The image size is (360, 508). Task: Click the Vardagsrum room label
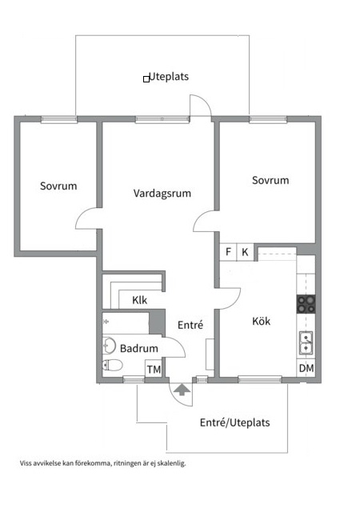click(x=162, y=194)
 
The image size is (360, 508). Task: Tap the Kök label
click(x=261, y=321)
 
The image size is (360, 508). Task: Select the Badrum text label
click(x=139, y=348)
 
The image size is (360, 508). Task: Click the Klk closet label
click(x=140, y=300)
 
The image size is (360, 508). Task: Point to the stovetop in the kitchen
click(x=306, y=304)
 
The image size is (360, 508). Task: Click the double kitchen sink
click(x=306, y=343)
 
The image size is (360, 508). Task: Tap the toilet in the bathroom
click(x=112, y=365)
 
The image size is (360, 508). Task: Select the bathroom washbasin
click(x=109, y=346)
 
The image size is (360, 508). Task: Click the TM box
click(x=154, y=369)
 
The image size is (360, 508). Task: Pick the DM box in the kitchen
click(x=306, y=368)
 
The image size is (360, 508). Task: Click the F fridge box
click(x=229, y=252)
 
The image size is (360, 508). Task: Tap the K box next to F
click(x=246, y=252)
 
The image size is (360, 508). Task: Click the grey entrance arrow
click(x=182, y=389)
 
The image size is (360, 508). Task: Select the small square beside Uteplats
click(x=146, y=79)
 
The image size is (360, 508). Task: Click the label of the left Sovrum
click(x=58, y=186)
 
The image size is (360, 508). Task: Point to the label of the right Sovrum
click(x=270, y=180)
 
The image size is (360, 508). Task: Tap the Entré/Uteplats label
click(x=235, y=422)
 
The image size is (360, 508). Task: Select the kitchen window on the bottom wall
click(x=260, y=379)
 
